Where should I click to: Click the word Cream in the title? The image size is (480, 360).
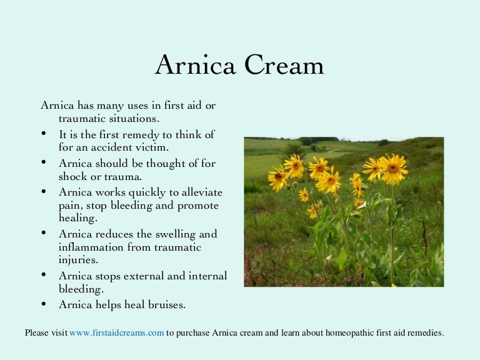pos(284,65)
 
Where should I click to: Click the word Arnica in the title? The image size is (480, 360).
pos(195,65)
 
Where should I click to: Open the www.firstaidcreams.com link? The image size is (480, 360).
pos(117,332)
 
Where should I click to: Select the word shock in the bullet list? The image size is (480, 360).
pos(72,176)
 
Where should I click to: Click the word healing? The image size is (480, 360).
pos(78,218)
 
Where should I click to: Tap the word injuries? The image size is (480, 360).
pos(78,260)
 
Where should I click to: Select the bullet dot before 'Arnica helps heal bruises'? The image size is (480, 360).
pos(44,304)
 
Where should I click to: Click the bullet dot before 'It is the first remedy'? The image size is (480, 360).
pos(44,133)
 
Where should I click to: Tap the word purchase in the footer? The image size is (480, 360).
pos(193,333)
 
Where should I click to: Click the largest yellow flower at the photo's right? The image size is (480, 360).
pos(393,168)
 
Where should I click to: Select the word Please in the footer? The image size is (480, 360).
pos(37,332)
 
